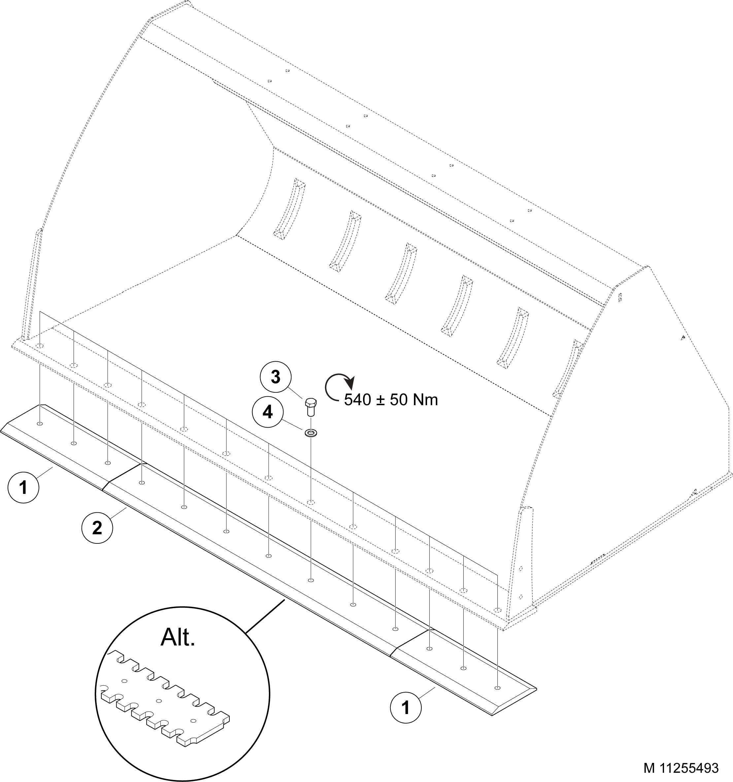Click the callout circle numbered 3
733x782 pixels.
click(x=276, y=377)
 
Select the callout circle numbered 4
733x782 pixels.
click(x=268, y=412)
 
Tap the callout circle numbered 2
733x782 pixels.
click(x=97, y=528)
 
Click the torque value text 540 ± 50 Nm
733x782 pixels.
click(x=391, y=400)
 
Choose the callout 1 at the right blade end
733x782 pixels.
click(x=405, y=708)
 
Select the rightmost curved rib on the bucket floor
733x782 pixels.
click(x=512, y=338)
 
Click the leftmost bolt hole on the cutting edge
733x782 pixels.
click(x=40, y=424)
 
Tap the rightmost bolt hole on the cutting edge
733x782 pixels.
click(x=497, y=688)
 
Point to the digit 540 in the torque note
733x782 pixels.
click(x=357, y=400)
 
